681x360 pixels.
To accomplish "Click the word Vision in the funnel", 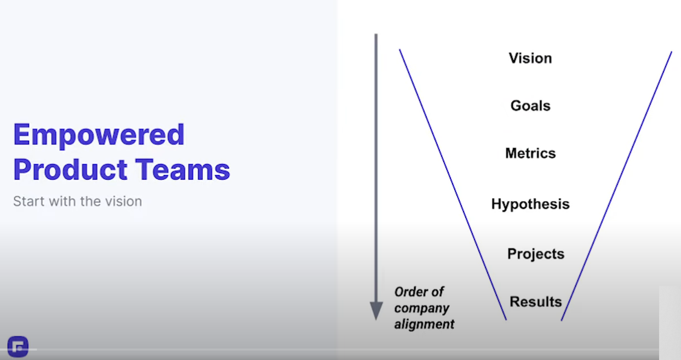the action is [x=530, y=58].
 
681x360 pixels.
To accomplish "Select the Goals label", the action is [x=530, y=106].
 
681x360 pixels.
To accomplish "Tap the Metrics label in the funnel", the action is [x=530, y=153].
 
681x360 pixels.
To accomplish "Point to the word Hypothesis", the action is [x=530, y=204].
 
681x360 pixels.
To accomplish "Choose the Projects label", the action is [x=536, y=254].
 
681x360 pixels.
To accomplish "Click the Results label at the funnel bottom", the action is [x=536, y=301].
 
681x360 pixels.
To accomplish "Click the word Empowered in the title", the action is [x=99, y=135].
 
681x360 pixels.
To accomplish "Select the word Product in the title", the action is [x=70, y=169].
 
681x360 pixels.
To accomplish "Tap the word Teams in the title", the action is [x=182, y=169].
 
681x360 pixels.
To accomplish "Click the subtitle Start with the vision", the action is [x=78, y=201].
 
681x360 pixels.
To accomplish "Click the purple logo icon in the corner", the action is [x=18, y=347].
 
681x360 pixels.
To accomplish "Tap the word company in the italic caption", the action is [x=422, y=308].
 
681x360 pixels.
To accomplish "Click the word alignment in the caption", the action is [x=425, y=324].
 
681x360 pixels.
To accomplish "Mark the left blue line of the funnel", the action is [x=453, y=185].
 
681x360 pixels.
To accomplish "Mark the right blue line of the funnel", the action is [x=616, y=186].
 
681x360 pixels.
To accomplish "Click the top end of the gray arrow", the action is [x=376, y=34].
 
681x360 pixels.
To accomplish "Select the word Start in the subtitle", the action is [x=29, y=201].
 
